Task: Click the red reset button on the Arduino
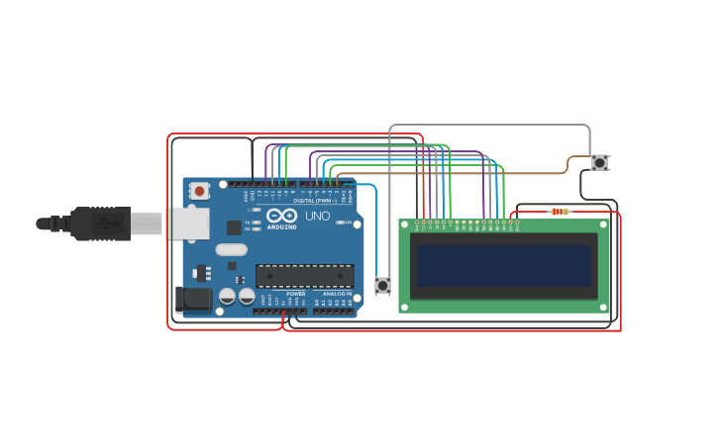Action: pyautogui.click(x=200, y=190)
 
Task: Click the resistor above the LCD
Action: pyautogui.click(x=560, y=211)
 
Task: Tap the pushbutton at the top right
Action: pyautogui.click(x=599, y=162)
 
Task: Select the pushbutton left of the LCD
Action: pyautogui.click(x=382, y=286)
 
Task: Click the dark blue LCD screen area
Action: pyautogui.click(x=503, y=265)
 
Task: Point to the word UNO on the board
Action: pyautogui.click(x=317, y=216)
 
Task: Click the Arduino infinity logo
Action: pyautogui.click(x=281, y=216)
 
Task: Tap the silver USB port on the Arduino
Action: pyautogui.click(x=186, y=223)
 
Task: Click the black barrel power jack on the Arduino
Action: pyautogui.click(x=193, y=299)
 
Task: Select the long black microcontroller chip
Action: pyautogui.click(x=304, y=276)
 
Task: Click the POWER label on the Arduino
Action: pyautogui.click(x=296, y=294)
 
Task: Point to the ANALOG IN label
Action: pyautogui.click(x=336, y=294)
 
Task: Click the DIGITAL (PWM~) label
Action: pyautogui.click(x=311, y=201)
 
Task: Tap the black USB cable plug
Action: pyautogui.click(x=100, y=224)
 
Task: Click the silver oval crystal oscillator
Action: pyautogui.click(x=231, y=249)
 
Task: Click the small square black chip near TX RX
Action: pyautogui.click(x=234, y=227)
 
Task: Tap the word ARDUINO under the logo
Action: pyautogui.click(x=281, y=227)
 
